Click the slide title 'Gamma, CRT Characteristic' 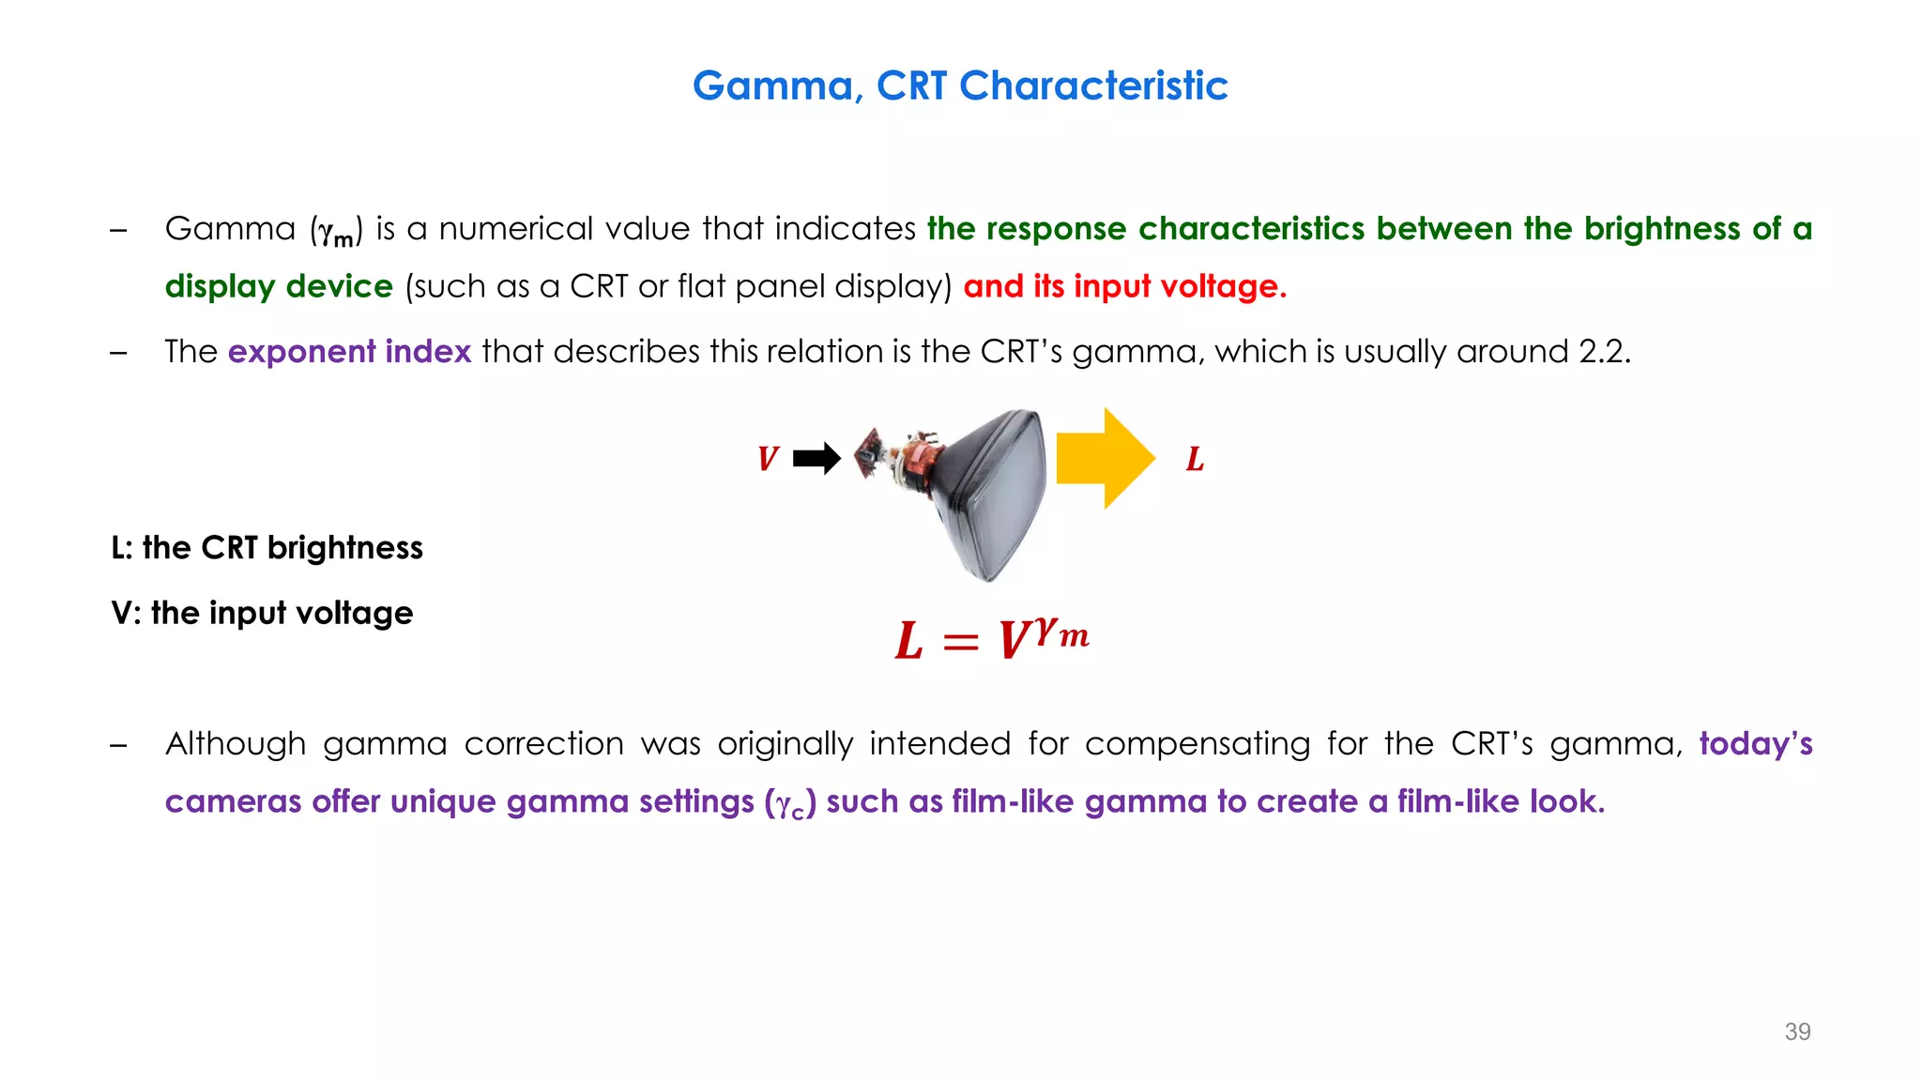(x=959, y=86)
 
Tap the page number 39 (x=1797, y=1031)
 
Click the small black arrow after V (x=816, y=459)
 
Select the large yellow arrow (x=1105, y=459)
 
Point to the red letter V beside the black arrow (x=768, y=459)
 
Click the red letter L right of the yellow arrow (x=1195, y=459)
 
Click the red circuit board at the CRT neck (x=871, y=451)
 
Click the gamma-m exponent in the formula (x=1061, y=633)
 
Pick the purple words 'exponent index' (x=349, y=351)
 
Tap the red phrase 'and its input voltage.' (x=1124, y=286)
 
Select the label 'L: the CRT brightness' (x=267, y=548)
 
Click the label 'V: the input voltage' (x=262, y=613)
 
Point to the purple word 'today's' (x=1755, y=743)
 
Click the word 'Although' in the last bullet (x=236, y=743)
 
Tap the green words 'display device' (x=279, y=286)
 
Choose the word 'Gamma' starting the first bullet (x=230, y=229)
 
